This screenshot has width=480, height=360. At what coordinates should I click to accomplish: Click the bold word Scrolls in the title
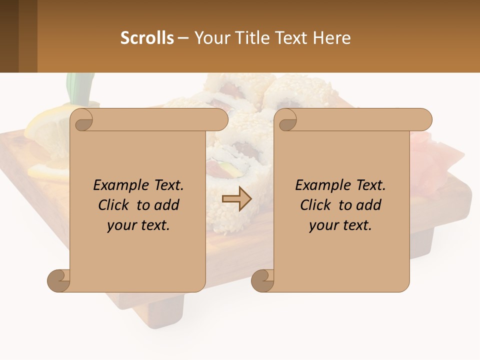[x=147, y=38]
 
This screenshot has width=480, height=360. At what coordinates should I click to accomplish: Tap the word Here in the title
[x=331, y=38]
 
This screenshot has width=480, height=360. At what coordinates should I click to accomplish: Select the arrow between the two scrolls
[x=236, y=198]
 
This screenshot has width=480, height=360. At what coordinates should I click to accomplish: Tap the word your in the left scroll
[x=120, y=225]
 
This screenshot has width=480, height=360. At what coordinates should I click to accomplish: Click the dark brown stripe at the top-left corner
[x=9, y=36]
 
